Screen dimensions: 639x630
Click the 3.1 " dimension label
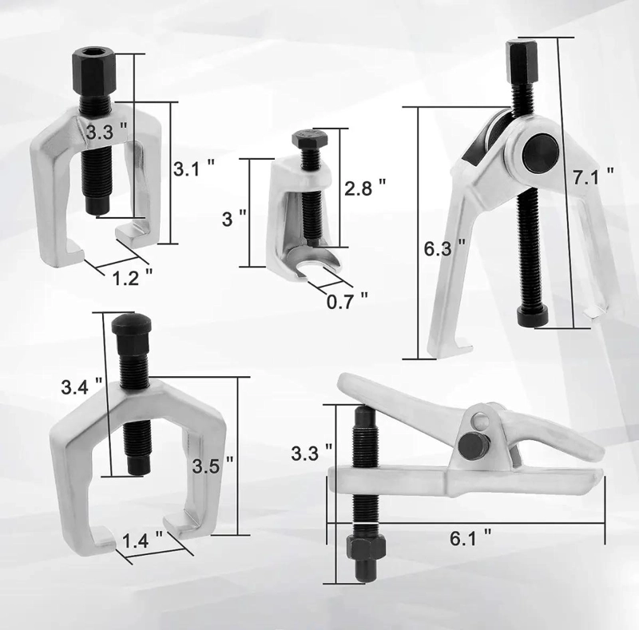(194, 168)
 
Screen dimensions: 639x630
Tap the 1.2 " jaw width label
(132, 278)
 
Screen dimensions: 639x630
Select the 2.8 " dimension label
(365, 187)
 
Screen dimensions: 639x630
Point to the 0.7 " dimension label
(347, 301)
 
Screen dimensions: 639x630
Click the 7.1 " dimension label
(593, 176)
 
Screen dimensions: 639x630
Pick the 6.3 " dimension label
(445, 248)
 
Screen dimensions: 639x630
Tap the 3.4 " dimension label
(81, 386)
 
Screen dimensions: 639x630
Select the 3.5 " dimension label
(212, 466)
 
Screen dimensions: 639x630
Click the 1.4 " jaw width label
(143, 541)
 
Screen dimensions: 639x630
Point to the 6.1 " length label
(470, 538)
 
